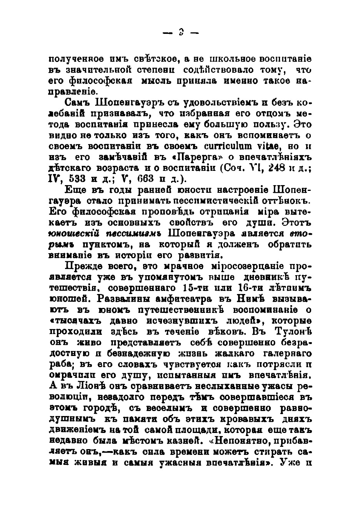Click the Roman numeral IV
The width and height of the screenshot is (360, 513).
[x=54, y=179]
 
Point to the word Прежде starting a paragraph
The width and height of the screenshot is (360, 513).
[x=81, y=266]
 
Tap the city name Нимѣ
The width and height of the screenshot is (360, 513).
[x=250, y=299]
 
